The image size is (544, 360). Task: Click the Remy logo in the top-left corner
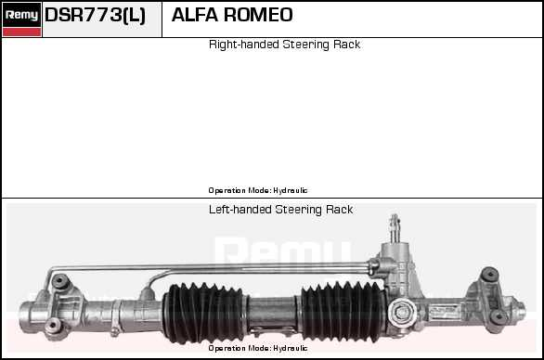[21, 14]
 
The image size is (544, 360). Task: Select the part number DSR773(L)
[95, 16]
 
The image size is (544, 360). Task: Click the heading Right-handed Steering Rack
[284, 45]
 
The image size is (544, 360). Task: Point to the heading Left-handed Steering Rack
[280, 210]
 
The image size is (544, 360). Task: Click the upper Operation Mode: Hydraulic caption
[257, 190]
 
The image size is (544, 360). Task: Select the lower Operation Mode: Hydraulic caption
[257, 348]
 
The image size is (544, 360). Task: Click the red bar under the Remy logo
[21, 32]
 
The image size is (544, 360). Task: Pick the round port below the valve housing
[401, 311]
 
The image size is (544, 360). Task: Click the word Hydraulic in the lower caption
[291, 348]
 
